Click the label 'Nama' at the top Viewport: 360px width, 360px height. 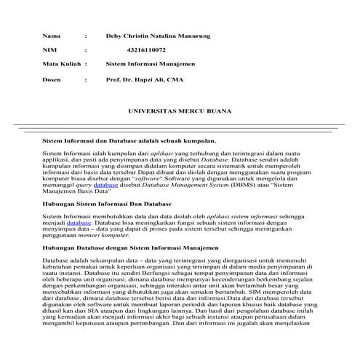[50, 35]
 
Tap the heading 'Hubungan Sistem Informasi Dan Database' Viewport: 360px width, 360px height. [107, 205]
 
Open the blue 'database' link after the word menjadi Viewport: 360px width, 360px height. [80, 224]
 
